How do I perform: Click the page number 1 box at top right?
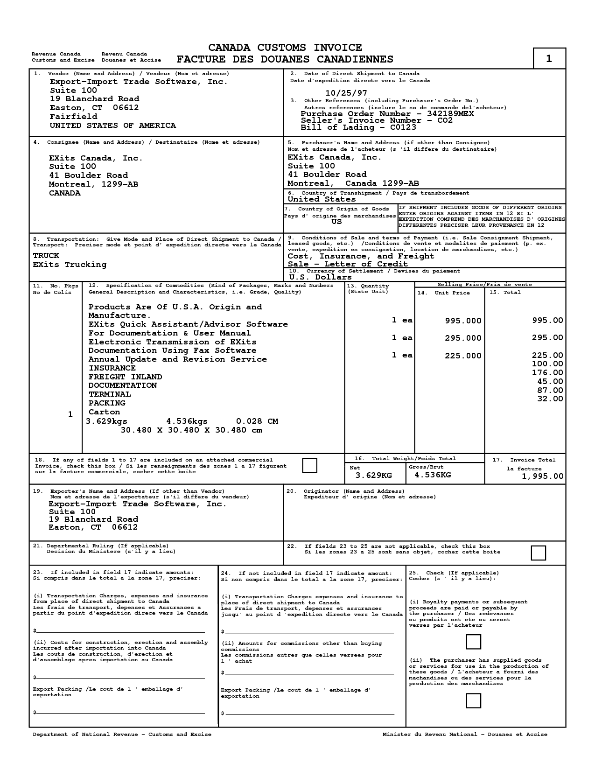[549, 58]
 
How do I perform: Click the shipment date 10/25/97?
[346, 93]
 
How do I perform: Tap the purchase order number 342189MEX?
[450, 114]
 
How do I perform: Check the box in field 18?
[309, 465]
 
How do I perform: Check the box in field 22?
[538, 553]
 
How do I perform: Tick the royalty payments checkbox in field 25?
[473, 642]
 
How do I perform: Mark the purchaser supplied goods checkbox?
[473, 700]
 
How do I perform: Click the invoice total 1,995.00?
[542, 476]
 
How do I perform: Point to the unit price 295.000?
[463, 338]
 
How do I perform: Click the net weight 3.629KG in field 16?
[373, 475]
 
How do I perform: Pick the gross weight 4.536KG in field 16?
[433, 475]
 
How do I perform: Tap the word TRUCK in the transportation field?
[46, 256]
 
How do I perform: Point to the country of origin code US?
[336, 222]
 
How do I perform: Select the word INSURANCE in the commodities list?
[112, 368]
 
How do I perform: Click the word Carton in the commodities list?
[104, 412]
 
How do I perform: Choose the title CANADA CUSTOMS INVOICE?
[285, 48]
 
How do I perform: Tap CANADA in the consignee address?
[64, 193]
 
